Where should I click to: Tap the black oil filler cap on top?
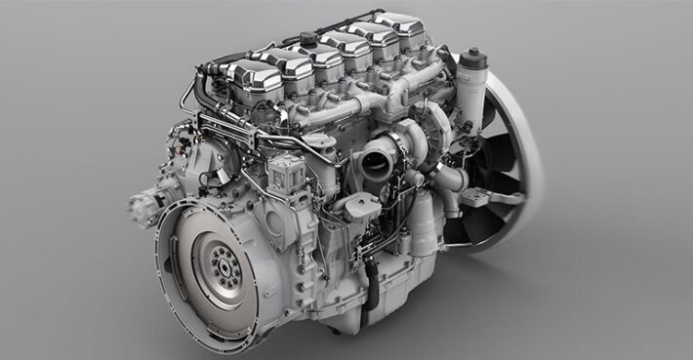[x=309, y=39]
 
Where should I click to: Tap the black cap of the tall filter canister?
[x=473, y=57]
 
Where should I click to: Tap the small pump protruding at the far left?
[x=143, y=207]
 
